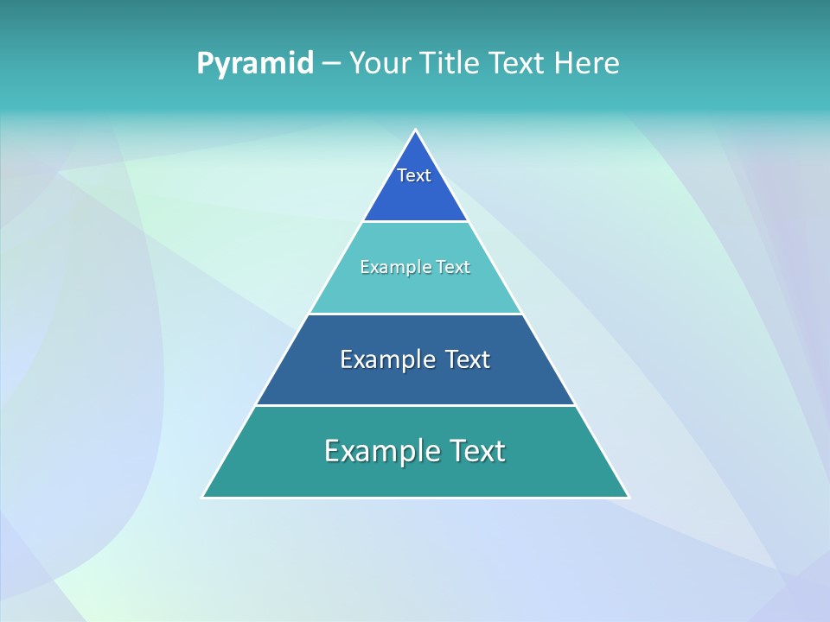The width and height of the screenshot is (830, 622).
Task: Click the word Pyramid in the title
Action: click(x=255, y=64)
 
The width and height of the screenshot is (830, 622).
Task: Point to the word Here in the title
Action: click(x=587, y=64)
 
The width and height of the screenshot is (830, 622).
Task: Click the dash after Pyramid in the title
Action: click(x=330, y=64)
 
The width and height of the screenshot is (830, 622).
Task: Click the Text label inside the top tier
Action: click(x=414, y=175)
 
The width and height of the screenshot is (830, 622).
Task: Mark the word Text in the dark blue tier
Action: click(x=468, y=359)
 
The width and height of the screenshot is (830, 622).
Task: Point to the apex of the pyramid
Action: click(x=416, y=131)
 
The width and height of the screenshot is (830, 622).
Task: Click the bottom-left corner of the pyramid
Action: click(x=204, y=497)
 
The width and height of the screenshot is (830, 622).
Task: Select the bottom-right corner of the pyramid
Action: click(x=628, y=497)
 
